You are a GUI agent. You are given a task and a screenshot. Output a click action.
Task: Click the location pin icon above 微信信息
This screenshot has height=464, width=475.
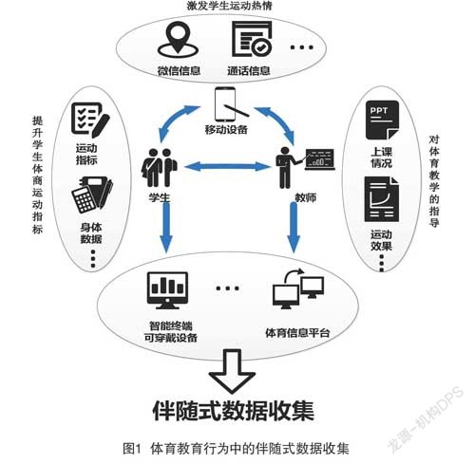178,40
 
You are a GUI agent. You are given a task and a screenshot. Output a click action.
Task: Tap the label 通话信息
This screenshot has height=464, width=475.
249,70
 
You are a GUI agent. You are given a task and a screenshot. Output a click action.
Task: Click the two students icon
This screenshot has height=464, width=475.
159,168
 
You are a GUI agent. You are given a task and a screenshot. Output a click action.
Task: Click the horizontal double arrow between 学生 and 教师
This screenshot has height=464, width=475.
226,166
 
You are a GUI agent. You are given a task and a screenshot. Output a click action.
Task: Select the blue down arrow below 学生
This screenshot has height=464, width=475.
166,227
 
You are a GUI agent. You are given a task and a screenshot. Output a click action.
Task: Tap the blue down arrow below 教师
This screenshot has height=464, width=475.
294,227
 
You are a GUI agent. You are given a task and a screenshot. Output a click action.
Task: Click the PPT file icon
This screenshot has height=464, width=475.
382,121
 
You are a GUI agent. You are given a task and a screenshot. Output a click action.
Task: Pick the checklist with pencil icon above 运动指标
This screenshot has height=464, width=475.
90,121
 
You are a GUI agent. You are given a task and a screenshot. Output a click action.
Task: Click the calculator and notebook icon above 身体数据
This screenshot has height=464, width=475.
92,195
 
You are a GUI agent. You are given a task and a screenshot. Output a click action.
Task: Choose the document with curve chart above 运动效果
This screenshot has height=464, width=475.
382,199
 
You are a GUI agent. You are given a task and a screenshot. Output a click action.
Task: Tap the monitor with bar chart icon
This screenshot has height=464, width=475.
167,290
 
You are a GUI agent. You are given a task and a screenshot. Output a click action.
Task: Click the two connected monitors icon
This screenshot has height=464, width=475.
298,288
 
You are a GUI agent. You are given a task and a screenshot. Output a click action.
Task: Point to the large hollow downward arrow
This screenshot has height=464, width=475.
232,371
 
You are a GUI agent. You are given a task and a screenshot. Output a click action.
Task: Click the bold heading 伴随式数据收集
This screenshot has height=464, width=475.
234,411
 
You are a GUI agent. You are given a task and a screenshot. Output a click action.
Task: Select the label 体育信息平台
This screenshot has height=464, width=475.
297,333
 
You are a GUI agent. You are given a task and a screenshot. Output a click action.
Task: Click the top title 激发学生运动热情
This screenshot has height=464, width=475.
230,6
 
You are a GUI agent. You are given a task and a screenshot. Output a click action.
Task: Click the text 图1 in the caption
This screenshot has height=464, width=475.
132,449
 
